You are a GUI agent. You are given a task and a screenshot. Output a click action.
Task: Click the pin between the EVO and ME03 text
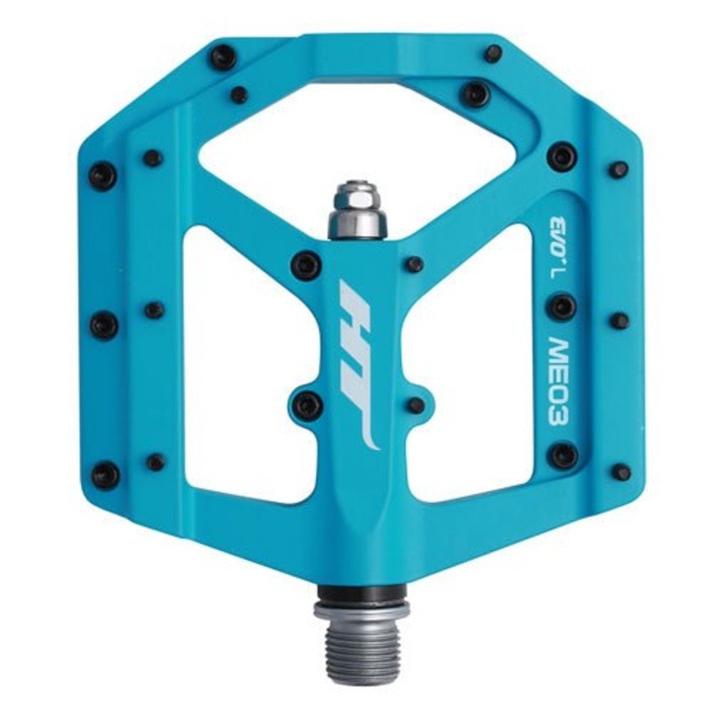[x=561, y=308]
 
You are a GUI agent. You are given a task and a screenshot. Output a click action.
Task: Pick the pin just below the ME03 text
[x=562, y=455]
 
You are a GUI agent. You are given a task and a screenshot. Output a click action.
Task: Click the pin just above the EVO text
[x=562, y=157]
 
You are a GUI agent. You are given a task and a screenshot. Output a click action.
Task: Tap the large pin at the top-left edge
[x=222, y=58]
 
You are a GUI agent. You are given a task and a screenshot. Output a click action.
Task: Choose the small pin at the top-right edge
[x=492, y=53]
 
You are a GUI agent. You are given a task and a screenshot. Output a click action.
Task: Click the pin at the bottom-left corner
[x=105, y=474]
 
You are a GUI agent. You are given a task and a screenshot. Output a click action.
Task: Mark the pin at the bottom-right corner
[x=621, y=472]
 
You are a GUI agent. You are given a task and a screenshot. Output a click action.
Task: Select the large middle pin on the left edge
[x=104, y=325]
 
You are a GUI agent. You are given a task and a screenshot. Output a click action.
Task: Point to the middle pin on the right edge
[x=619, y=320]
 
